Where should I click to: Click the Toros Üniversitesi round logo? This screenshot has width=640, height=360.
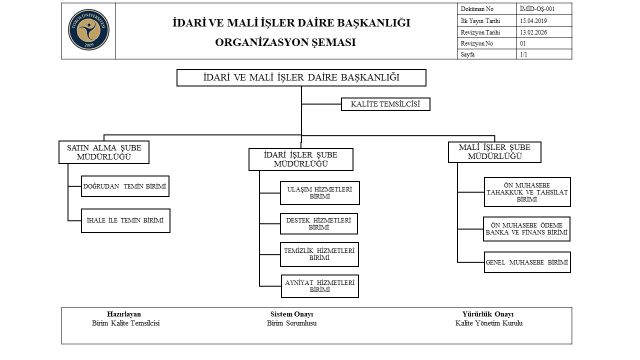[x=88, y=30]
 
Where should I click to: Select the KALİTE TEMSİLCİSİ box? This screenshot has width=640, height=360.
[x=385, y=104]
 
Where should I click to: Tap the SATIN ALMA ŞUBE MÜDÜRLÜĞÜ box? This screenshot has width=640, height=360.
[x=104, y=152]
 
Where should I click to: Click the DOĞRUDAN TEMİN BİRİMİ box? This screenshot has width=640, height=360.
[x=125, y=186]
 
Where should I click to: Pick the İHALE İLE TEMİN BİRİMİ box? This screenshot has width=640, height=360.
[x=125, y=220]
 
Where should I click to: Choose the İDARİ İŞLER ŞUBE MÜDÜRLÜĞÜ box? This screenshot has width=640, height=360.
[x=300, y=159]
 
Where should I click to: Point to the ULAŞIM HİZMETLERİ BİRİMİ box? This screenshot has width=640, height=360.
[x=319, y=193]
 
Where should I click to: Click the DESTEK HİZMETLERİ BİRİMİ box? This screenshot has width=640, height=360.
[x=318, y=223]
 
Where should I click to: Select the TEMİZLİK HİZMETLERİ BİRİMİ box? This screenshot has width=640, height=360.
[x=319, y=254]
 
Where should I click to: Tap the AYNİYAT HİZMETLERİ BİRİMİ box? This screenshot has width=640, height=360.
[x=319, y=286]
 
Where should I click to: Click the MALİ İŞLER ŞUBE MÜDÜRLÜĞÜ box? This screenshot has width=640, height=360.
[x=494, y=152]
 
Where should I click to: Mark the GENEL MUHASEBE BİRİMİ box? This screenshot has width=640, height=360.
[x=527, y=262]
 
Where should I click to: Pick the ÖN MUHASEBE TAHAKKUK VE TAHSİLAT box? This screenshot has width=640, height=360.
[x=527, y=192]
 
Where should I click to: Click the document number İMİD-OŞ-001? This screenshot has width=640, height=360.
[x=537, y=8]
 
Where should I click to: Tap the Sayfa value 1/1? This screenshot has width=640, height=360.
[x=523, y=54]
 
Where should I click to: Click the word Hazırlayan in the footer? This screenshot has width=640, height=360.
[x=124, y=314]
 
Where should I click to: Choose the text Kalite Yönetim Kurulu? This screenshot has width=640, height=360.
[x=488, y=323]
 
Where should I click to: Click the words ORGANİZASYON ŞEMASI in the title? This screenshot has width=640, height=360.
[x=285, y=42]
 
